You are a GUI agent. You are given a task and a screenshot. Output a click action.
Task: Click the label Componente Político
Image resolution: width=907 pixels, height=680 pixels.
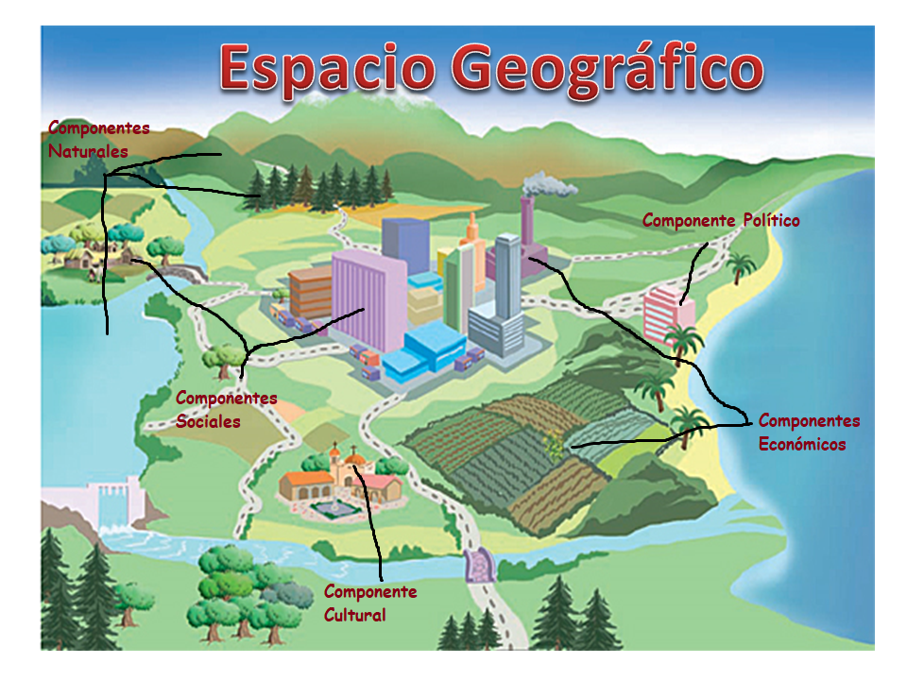coord(721,221)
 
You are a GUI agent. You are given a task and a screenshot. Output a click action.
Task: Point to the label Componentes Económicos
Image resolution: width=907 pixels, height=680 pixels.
coord(809,433)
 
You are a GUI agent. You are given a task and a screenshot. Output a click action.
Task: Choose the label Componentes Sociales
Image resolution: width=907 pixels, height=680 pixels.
coord(227,410)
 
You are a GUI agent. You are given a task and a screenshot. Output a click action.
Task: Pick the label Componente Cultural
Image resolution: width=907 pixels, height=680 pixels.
coord(369,603)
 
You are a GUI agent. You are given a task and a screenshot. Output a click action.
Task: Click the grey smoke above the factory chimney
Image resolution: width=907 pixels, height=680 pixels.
coord(548,184)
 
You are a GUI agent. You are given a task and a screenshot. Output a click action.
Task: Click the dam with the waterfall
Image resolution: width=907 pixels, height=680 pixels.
coord(113,505)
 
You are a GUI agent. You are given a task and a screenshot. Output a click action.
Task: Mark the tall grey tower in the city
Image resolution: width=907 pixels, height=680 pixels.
coord(507,283)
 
